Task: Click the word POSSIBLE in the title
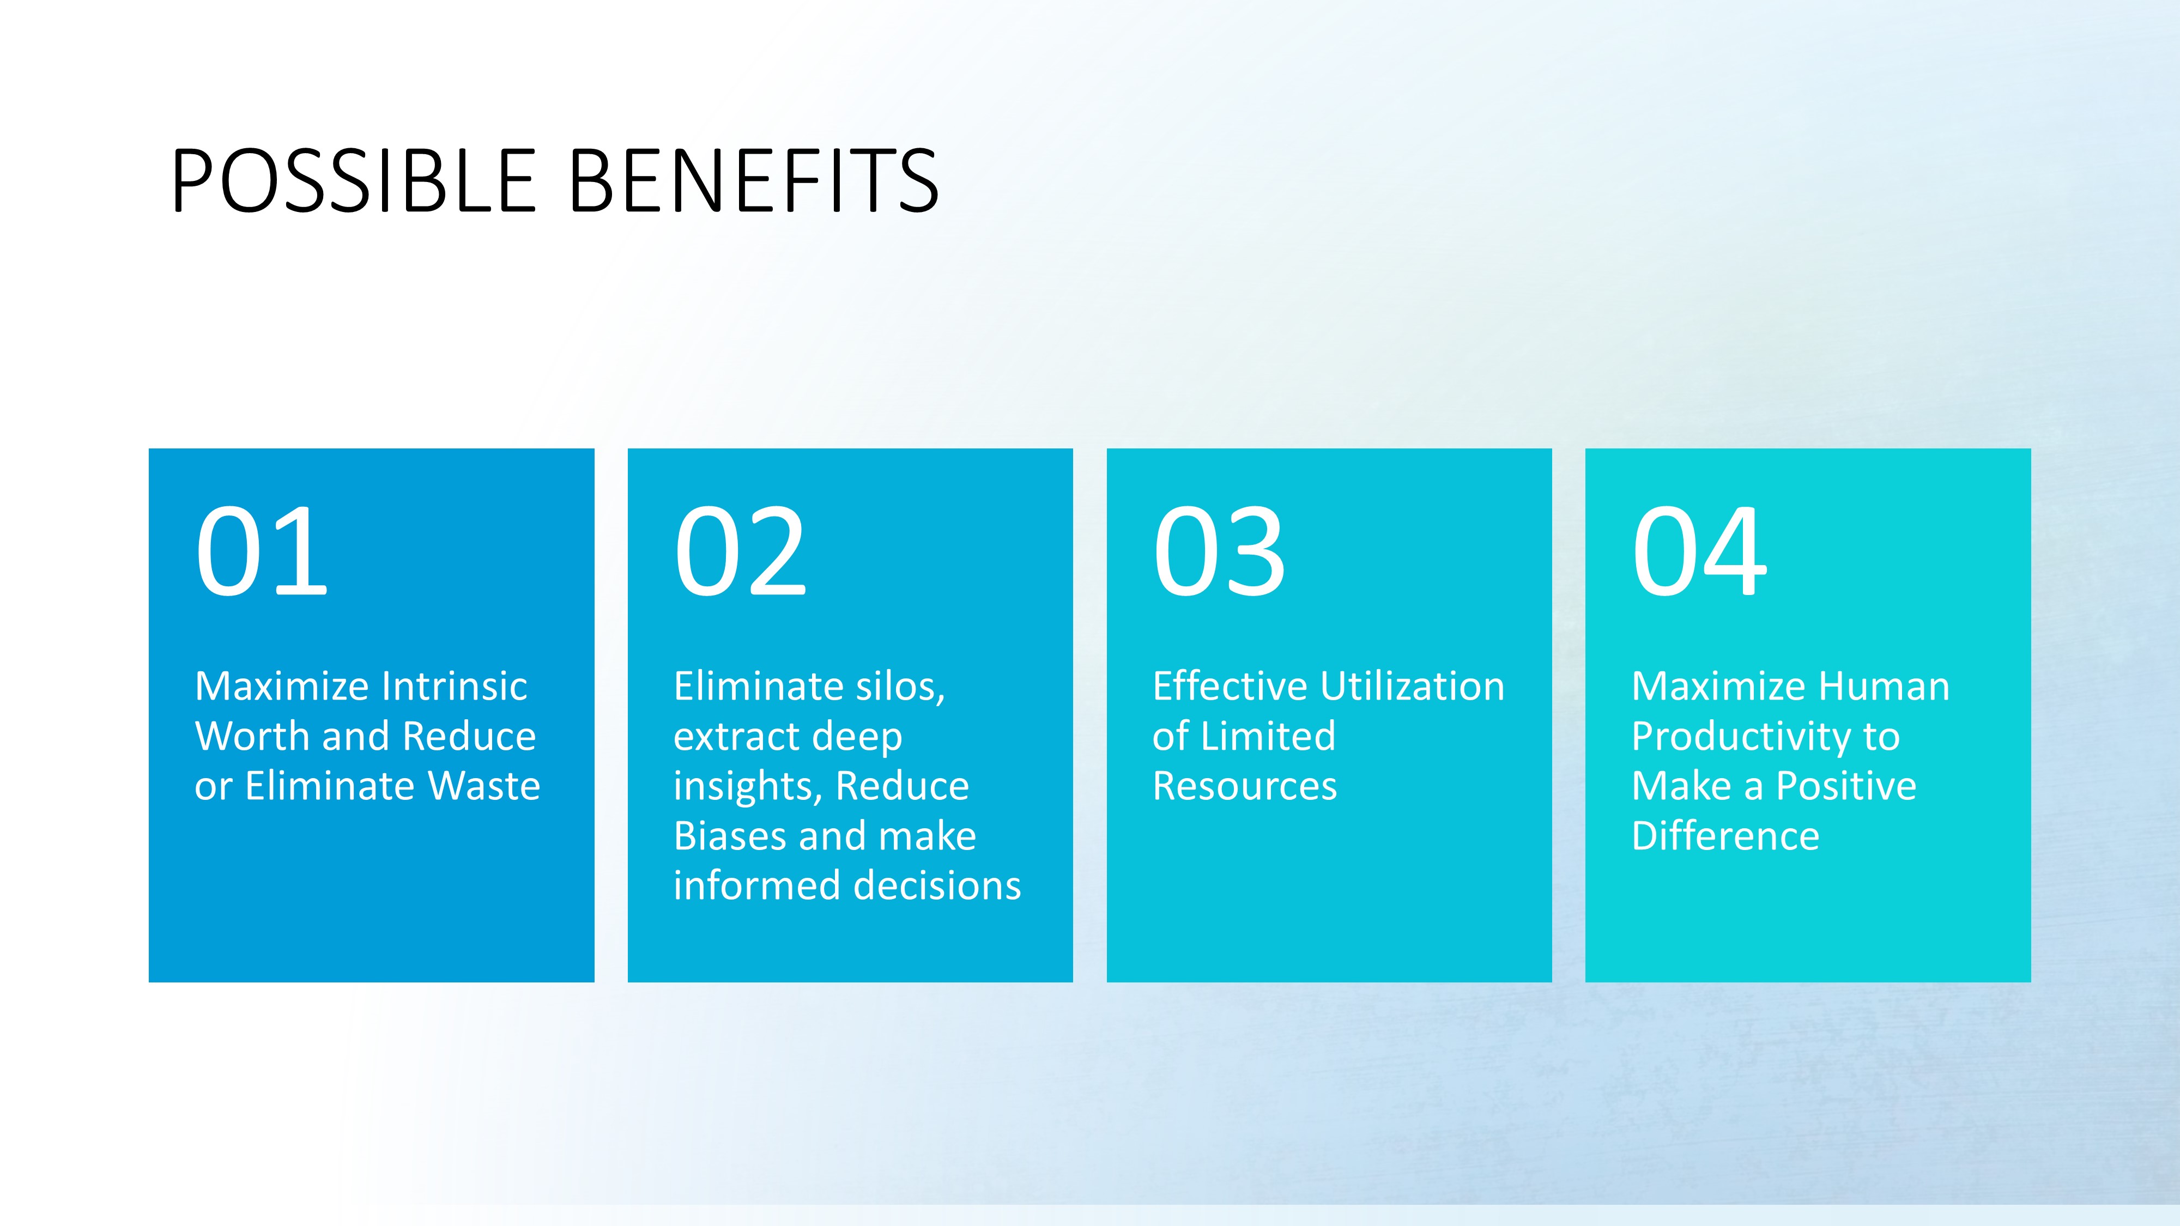tap(354, 180)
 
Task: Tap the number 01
tap(262, 551)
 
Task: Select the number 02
tap(741, 551)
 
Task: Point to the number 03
tap(1220, 551)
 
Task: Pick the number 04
tap(1699, 551)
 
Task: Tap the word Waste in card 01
tap(484, 786)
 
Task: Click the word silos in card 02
tap(900, 686)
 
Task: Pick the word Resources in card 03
tap(1245, 786)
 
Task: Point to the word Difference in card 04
tap(1725, 836)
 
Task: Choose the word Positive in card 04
tap(1846, 786)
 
